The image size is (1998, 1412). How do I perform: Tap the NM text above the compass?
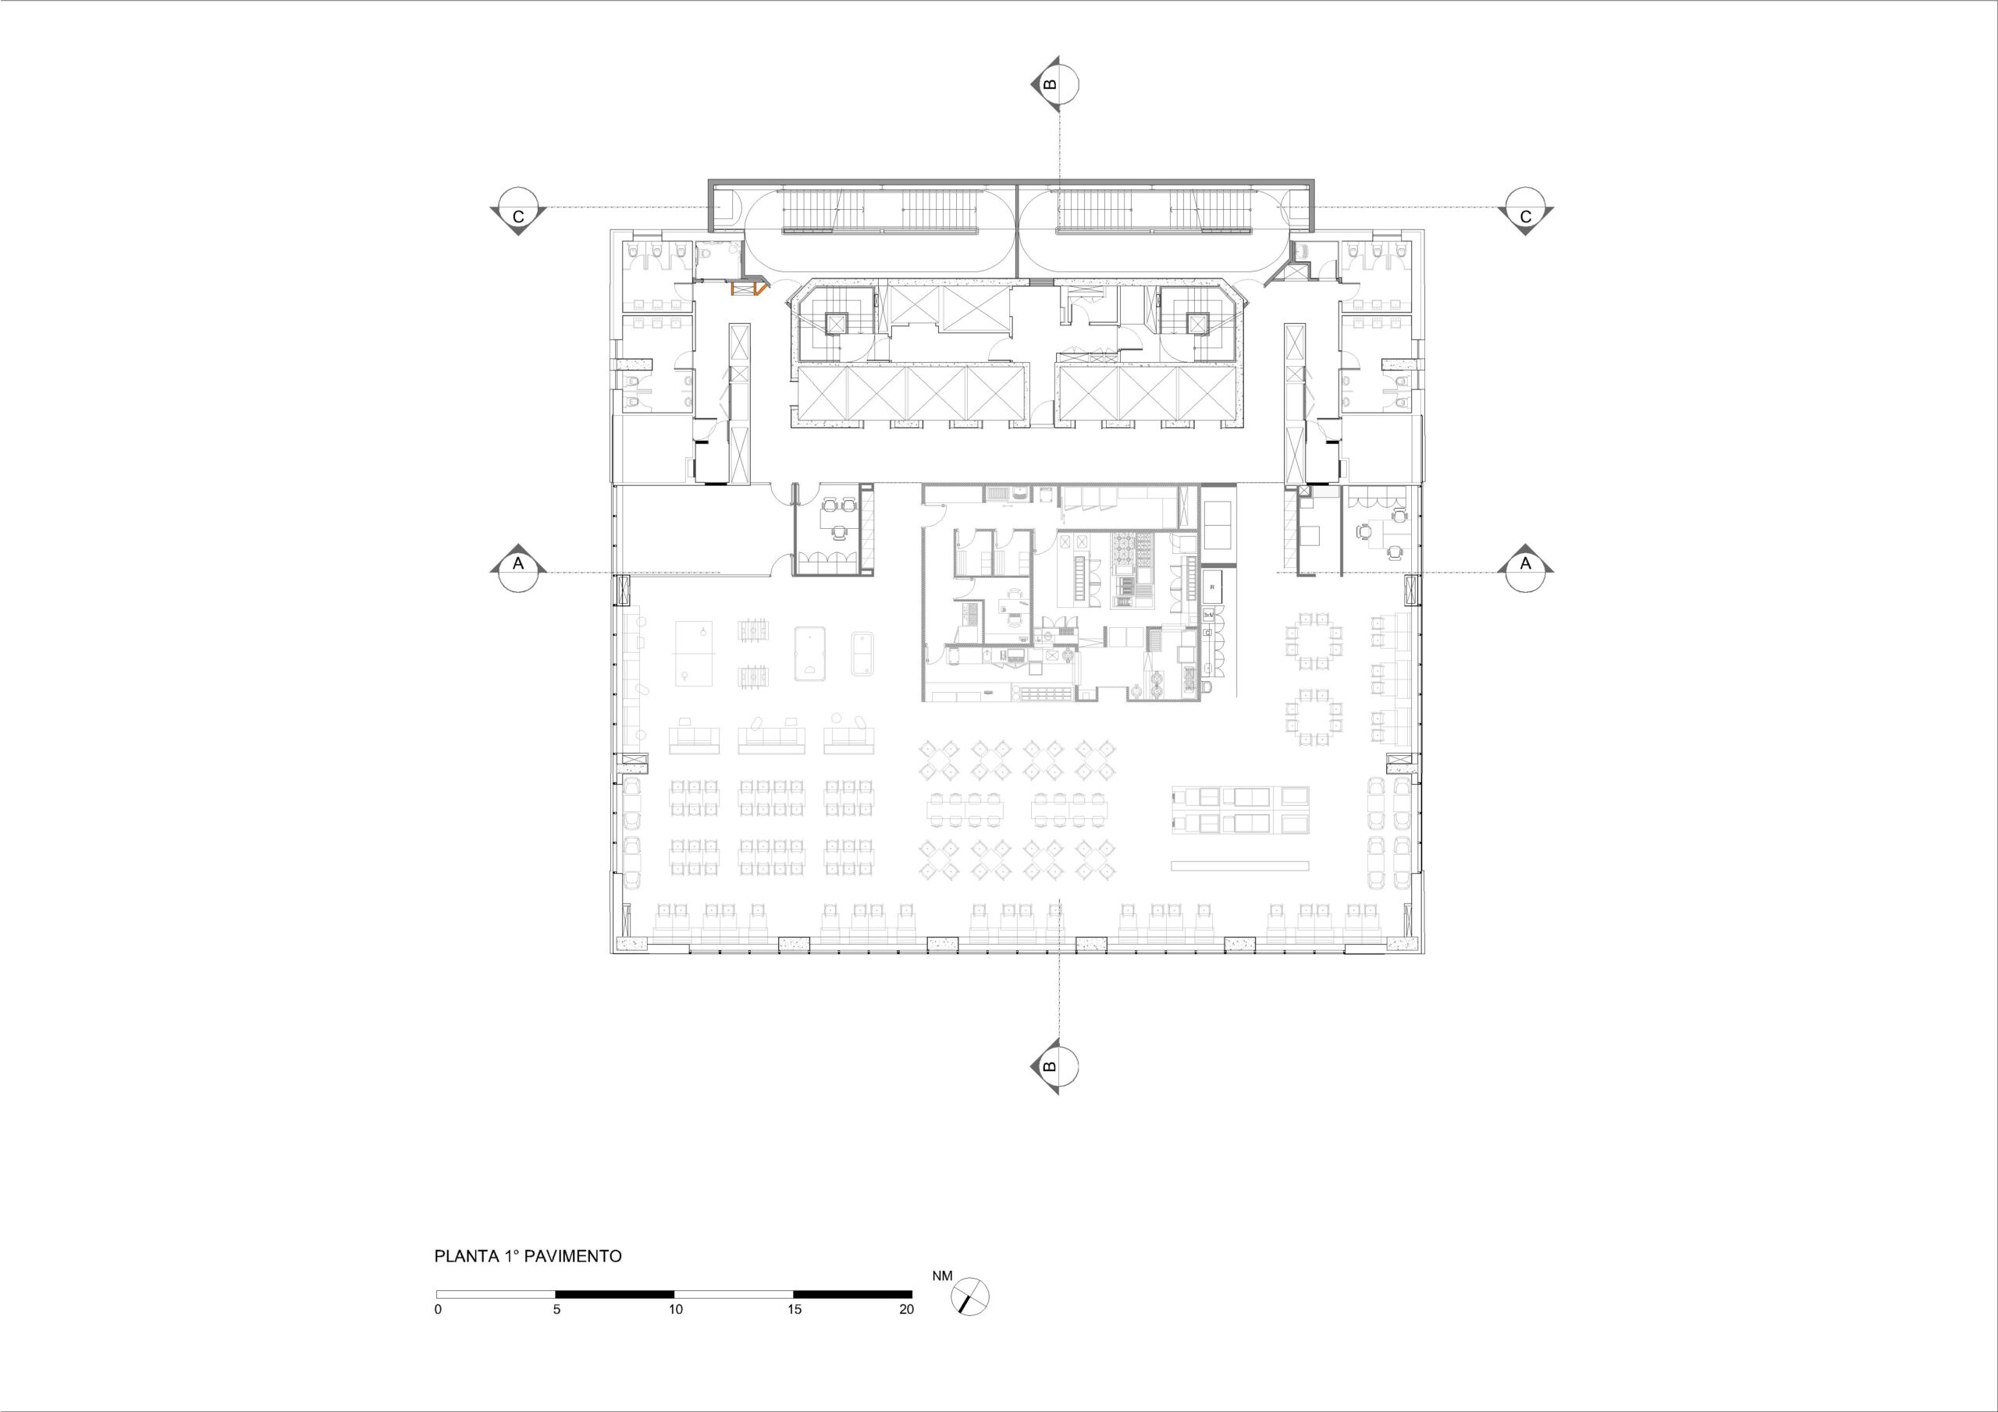pos(943,1276)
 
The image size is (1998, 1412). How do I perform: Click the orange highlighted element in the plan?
pos(748,287)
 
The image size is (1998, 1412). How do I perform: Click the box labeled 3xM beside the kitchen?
pos(1208,615)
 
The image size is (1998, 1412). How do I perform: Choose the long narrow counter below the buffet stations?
pos(1240,866)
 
